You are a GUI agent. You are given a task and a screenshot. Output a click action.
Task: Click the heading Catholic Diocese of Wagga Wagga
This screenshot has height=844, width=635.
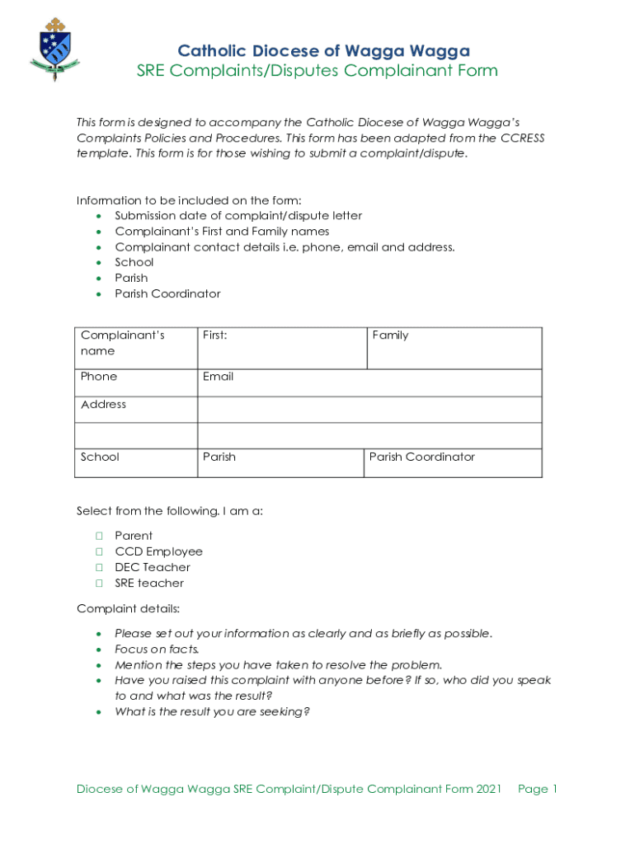324,51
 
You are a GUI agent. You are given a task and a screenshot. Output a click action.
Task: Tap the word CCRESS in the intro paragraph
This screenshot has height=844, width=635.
522,138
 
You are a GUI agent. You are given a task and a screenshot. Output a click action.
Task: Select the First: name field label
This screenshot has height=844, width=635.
214,335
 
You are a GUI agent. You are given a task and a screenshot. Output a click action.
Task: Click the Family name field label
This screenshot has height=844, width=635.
390,335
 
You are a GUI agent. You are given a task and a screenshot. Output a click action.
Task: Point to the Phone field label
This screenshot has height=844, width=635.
99,377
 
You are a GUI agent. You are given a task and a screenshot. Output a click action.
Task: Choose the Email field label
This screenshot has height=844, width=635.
218,377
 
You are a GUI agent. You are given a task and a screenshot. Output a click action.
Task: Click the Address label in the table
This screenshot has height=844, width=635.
104,405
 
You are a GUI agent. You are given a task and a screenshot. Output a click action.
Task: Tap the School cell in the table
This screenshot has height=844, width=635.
100,457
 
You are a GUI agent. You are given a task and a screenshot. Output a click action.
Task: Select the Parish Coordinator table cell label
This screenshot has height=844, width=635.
421,457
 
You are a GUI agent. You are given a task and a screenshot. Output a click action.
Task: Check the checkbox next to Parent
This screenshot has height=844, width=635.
97,536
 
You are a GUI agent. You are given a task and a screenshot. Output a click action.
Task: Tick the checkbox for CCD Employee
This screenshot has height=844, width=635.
97,551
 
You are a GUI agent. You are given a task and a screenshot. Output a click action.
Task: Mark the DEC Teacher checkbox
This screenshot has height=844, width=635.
97,567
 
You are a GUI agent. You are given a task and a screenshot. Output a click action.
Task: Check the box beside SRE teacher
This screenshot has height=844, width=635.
97,583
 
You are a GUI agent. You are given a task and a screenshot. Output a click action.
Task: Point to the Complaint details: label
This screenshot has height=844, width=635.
128,609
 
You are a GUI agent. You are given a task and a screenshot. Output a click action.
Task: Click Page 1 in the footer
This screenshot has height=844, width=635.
538,790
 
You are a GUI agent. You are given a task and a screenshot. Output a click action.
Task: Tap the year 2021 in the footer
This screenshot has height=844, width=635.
488,790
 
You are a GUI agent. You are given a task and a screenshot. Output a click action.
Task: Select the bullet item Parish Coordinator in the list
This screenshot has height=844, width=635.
167,293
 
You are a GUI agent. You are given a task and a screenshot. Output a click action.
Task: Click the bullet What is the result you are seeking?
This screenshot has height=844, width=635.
212,711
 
